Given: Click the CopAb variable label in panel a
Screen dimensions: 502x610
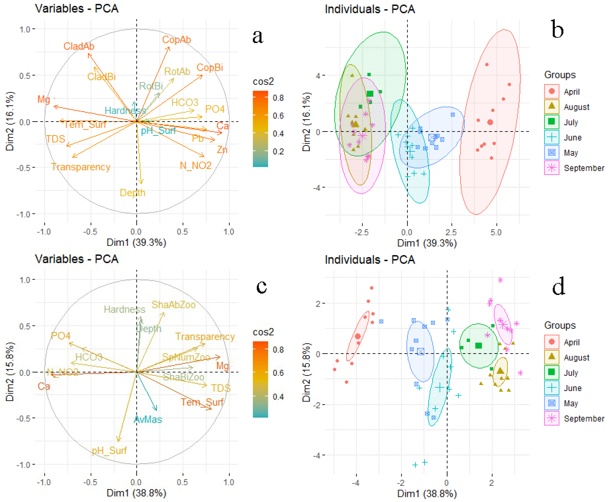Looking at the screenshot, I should click(176, 40).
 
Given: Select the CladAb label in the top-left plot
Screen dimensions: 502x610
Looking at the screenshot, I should click(79, 46).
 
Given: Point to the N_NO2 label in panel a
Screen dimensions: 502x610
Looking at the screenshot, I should click(196, 165).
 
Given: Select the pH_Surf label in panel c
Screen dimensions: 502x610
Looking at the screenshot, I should click(109, 451).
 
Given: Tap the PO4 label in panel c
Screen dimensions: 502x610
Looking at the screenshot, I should click(61, 336).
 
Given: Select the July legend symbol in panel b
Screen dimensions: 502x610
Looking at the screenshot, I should click(551, 122).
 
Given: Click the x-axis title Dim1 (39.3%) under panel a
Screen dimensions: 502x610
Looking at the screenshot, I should click(136, 242).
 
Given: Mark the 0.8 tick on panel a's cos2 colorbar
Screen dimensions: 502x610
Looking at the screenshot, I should click(278, 98).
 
